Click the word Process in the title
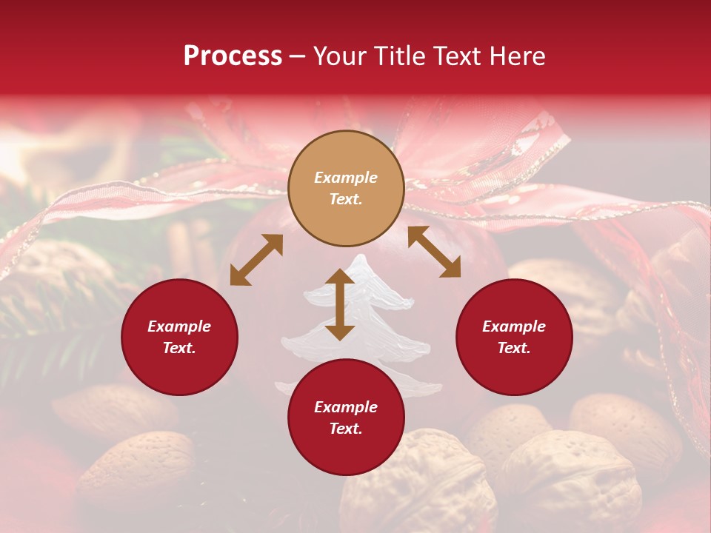233,56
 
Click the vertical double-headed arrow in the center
340,304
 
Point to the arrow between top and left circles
256,260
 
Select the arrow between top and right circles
434,252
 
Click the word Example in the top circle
346,178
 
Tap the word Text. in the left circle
179,348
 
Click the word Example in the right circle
514,326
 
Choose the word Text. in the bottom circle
346,429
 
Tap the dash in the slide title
298,57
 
